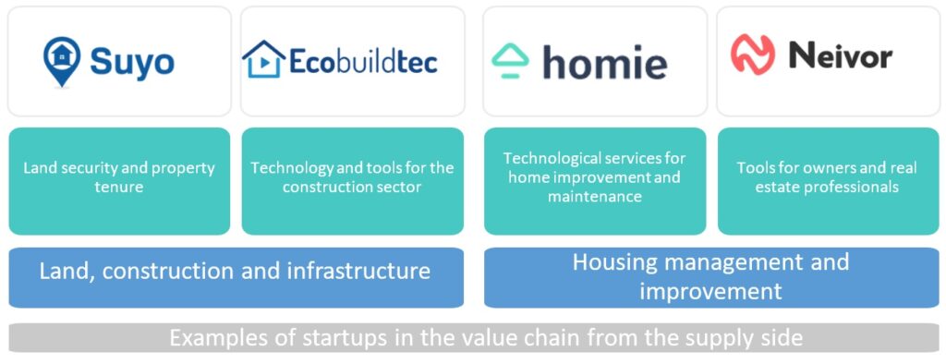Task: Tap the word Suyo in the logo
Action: coord(132,62)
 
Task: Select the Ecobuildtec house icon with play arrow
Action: coord(263,59)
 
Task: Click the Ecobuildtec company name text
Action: coord(363,61)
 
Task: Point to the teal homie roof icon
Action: coord(510,60)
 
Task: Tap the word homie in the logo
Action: coord(604,62)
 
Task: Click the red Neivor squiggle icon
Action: coord(752,55)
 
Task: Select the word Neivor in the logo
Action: coord(841,56)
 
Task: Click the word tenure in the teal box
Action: coord(119,187)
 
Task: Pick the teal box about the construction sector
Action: coord(352,180)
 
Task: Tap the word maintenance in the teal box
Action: coord(594,196)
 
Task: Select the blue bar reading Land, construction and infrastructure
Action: coord(236,277)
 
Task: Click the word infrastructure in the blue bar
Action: coord(358,271)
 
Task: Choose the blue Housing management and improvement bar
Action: coord(711,277)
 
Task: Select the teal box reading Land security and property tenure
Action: coord(119,180)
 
